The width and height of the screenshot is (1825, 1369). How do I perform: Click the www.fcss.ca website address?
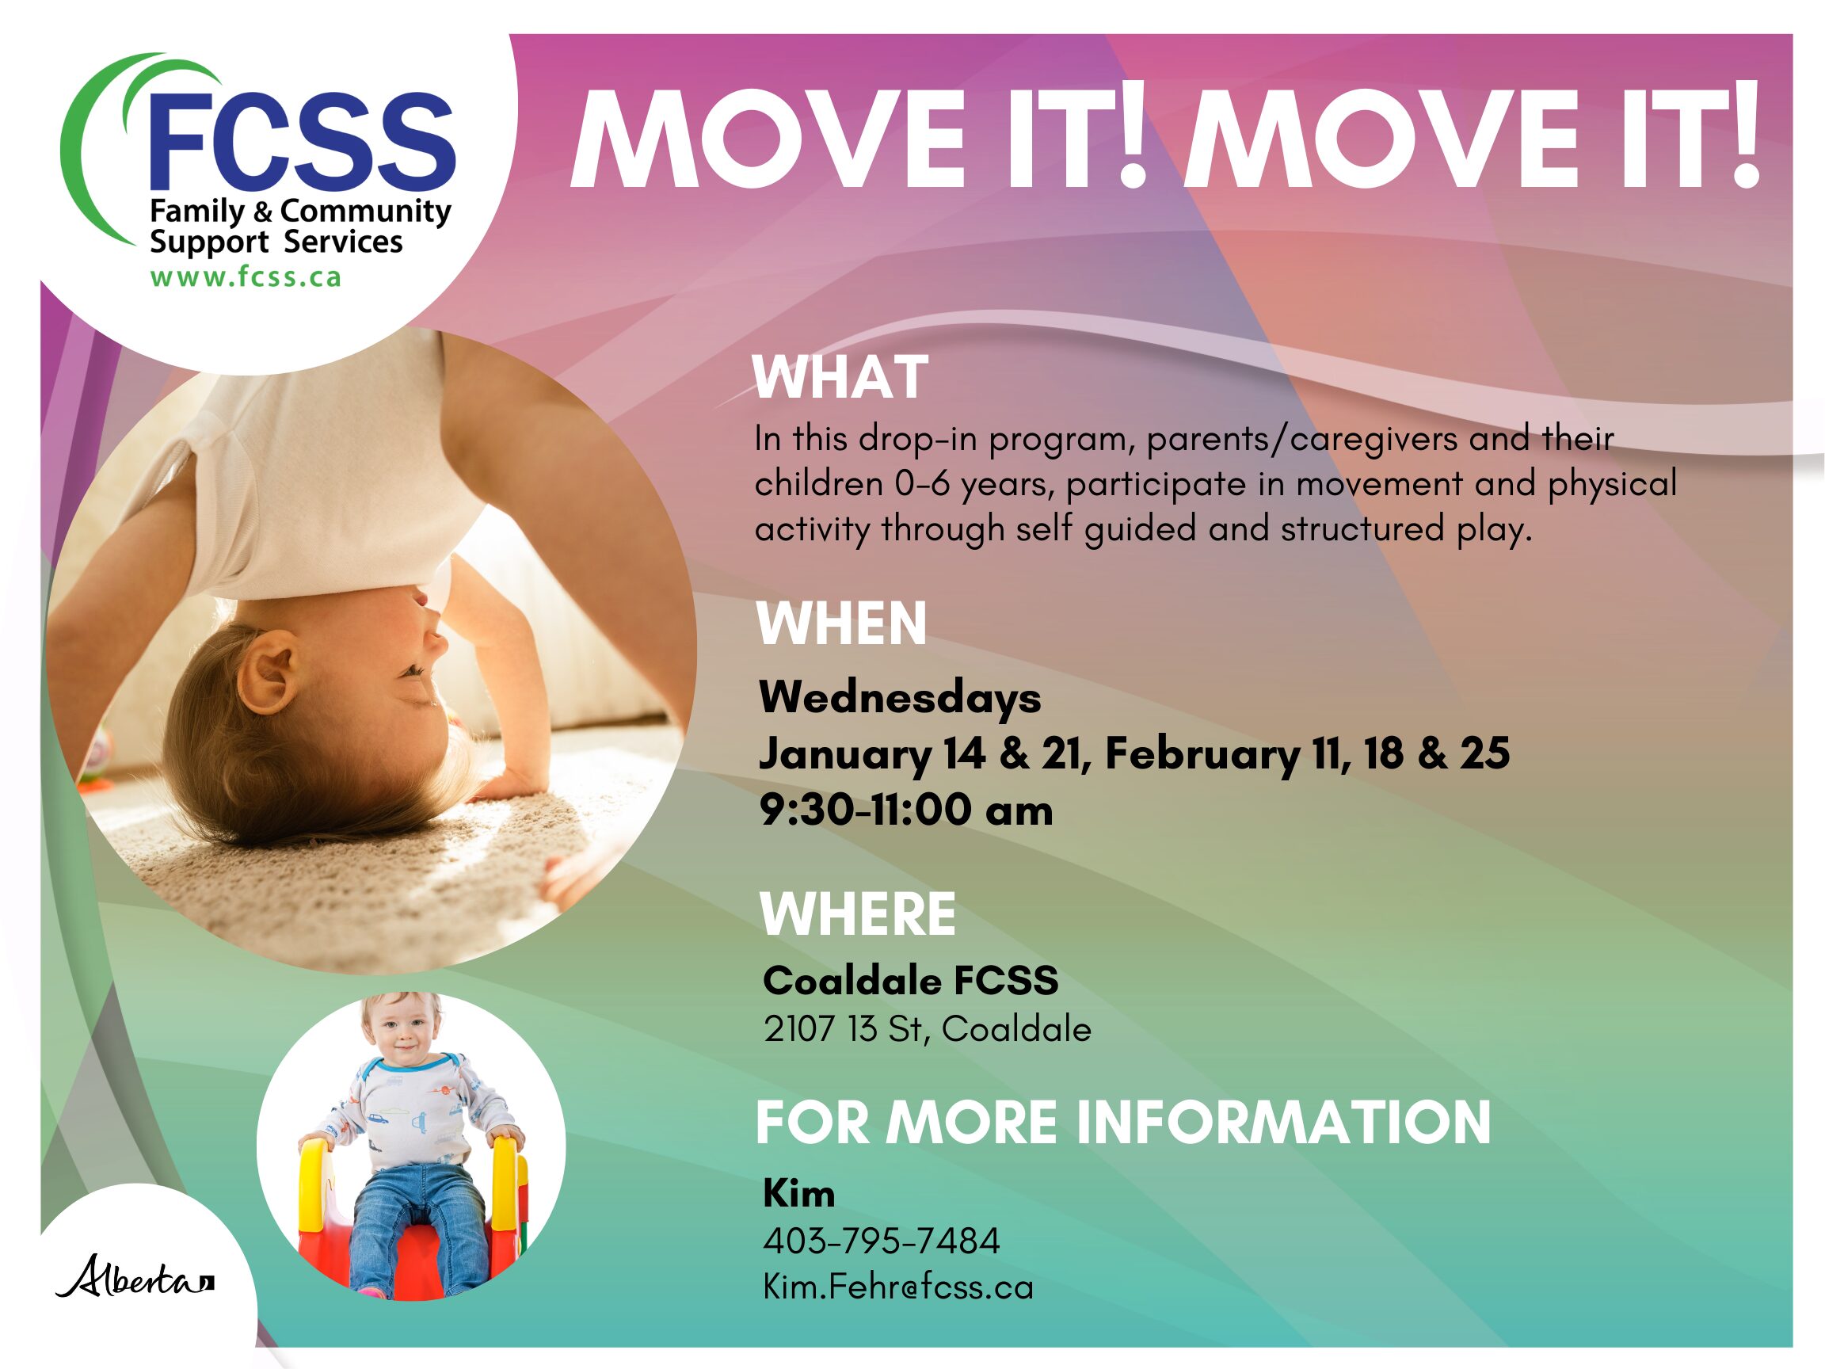(245, 277)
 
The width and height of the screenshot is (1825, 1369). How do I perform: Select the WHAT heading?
(840, 378)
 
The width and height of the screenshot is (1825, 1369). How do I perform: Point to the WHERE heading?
(858, 914)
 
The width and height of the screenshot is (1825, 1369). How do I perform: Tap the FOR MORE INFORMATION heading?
(1123, 1123)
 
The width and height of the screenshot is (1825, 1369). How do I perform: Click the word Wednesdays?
(900, 698)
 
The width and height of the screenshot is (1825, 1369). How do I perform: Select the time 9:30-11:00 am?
(906, 810)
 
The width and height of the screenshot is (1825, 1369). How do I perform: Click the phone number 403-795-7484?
(881, 1241)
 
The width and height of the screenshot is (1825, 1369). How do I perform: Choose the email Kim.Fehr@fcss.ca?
(897, 1287)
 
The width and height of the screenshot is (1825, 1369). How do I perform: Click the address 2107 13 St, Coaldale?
(928, 1030)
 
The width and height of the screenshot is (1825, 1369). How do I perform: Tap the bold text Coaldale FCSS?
(911, 981)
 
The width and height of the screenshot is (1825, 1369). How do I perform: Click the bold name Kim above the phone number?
(798, 1194)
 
